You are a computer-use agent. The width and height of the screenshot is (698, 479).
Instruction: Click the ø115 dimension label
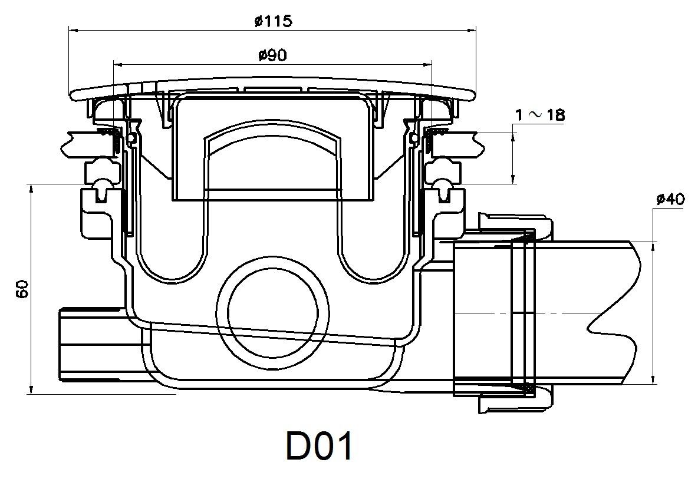[272, 21]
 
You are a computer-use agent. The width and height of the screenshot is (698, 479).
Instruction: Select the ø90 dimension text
[272, 55]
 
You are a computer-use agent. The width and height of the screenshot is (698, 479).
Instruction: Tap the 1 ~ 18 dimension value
[539, 115]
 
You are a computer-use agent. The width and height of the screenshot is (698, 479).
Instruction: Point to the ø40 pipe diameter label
[670, 199]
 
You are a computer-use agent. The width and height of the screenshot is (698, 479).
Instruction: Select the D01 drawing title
[320, 447]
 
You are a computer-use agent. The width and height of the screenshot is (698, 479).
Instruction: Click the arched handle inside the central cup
[272, 141]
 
